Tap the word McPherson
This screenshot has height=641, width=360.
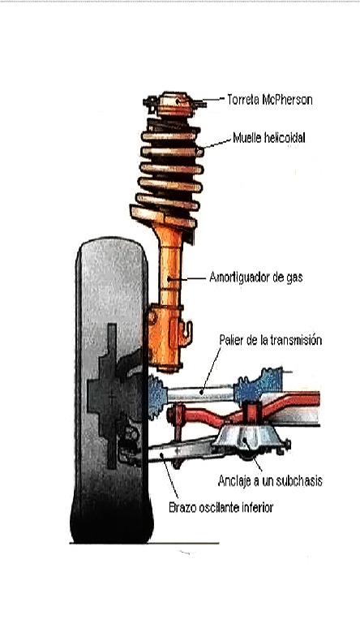(x=287, y=100)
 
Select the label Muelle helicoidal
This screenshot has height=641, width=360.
(x=269, y=138)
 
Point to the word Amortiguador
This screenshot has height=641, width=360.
(x=241, y=277)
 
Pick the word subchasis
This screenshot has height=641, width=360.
(x=299, y=481)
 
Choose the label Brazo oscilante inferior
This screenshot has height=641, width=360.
(x=221, y=508)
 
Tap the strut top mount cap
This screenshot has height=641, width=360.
(x=175, y=104)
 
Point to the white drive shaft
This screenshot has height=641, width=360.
(x=200, y=394)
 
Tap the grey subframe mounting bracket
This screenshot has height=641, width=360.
(x=248, y=439)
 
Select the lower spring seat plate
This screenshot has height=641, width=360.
(x=163, y=217)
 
